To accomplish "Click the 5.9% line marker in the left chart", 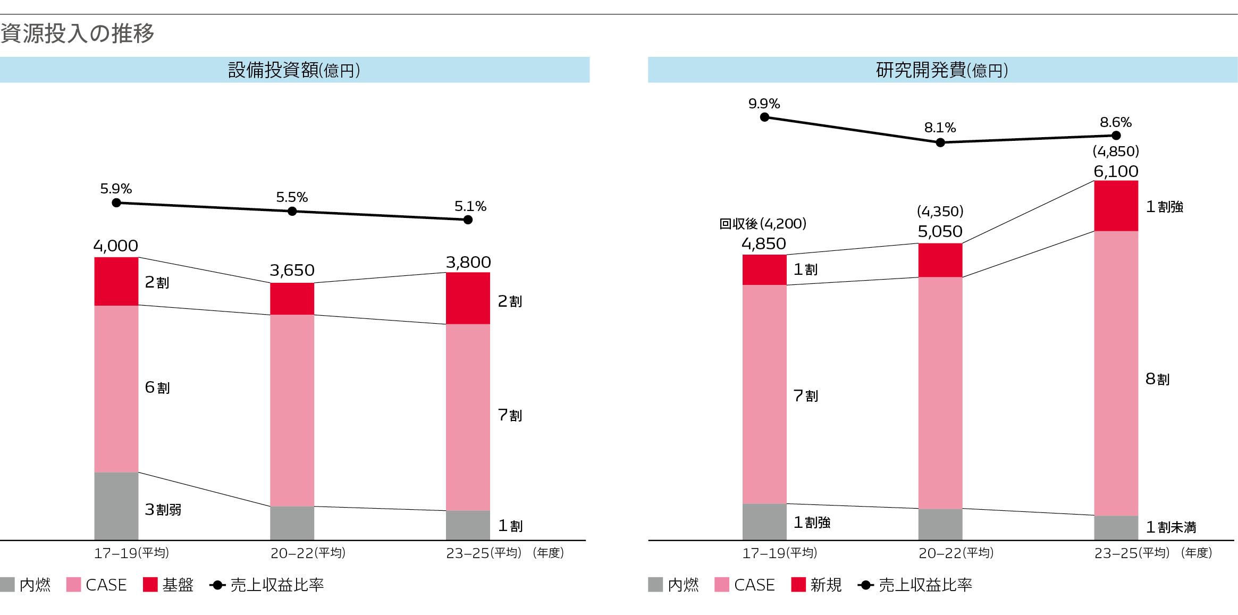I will point(116,203).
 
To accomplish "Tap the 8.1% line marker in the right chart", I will point(940,142).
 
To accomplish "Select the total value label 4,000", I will point(115,246).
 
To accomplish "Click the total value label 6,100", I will point(1116,171).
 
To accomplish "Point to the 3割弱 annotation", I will point(163,510).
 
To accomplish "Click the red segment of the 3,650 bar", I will point(292,298).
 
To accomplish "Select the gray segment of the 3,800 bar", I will point(468,525).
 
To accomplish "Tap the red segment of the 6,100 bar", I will point(1116,206).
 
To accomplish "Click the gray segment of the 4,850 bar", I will point(764,521).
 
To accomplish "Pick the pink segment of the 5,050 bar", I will point(940,393).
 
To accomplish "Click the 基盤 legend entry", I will point(169,585).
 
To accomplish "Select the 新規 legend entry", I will point(816,585).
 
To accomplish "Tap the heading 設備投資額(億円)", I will point(294,70).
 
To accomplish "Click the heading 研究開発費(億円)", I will point(942,70).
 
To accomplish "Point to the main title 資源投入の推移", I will point(77,33).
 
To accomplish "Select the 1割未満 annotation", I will point(1170,527).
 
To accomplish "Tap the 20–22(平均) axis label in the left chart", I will point(308,553).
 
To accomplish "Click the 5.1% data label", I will point(470,206).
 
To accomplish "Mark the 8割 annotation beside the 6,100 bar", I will point(1157,379).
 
